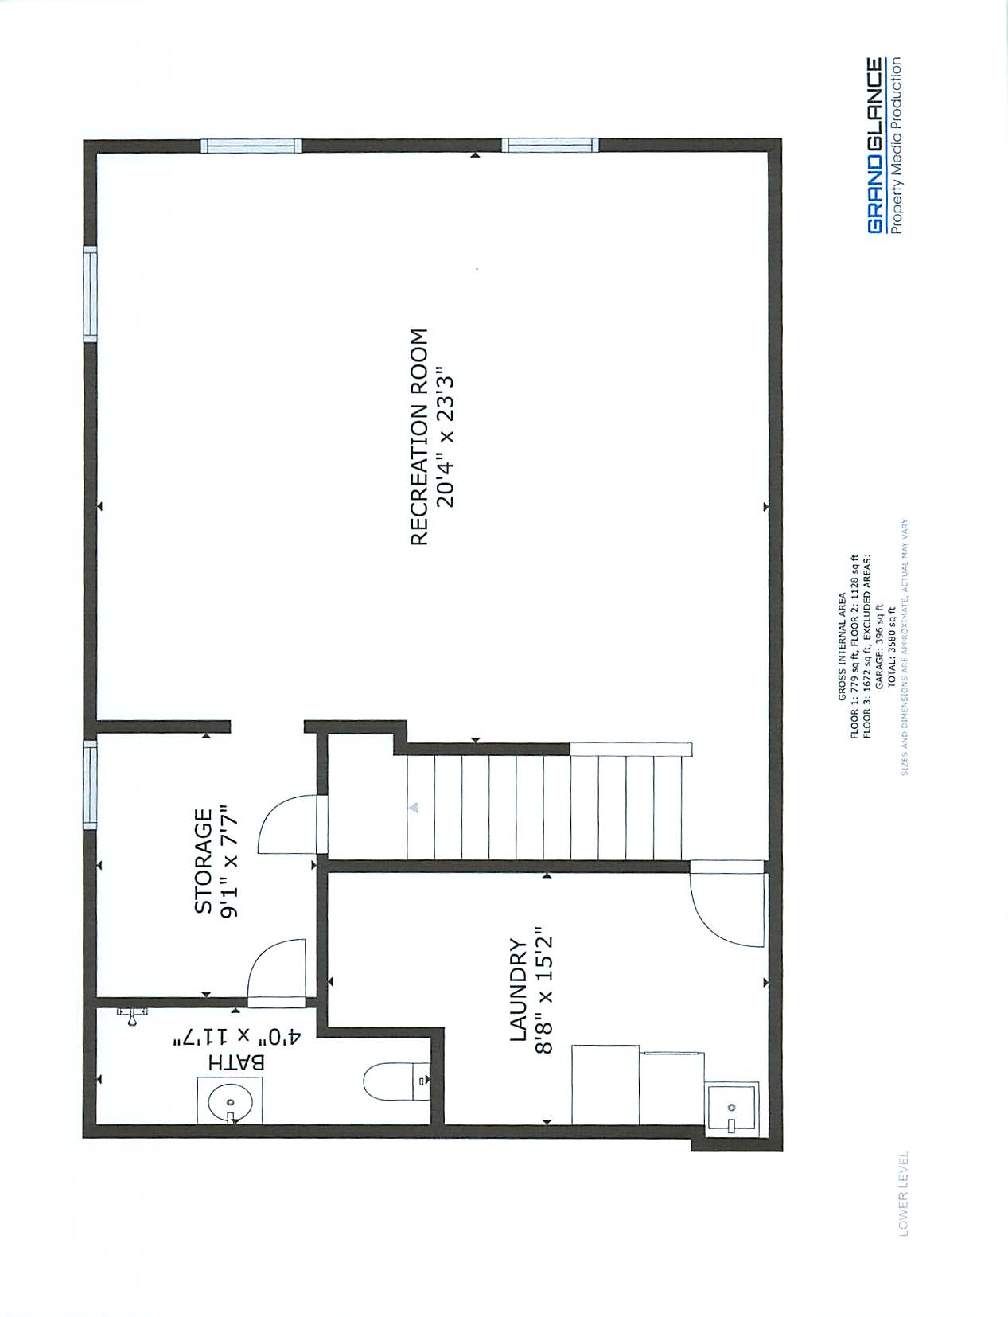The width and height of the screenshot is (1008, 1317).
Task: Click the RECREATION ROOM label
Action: click(x=419, y=437)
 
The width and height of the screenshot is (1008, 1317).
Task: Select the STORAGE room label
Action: click(x=204, y=861)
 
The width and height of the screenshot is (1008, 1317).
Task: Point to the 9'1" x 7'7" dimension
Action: click(x=230, y=861)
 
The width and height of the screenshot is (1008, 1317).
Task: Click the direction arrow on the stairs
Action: click(x=414, y=807)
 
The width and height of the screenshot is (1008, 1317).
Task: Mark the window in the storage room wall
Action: click(x=90, y=785)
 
